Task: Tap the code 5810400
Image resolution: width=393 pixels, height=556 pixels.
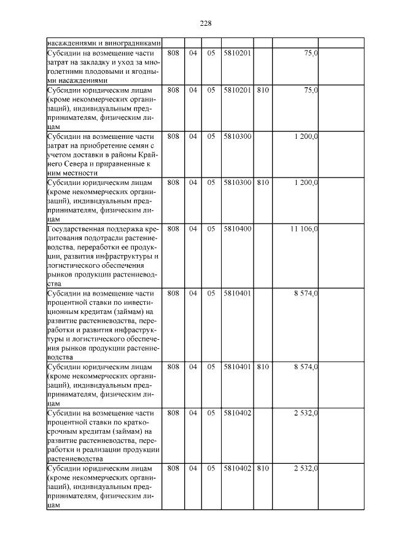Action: click(x=237, y=229)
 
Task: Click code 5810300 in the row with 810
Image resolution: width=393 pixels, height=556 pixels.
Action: click(x=237, y=182)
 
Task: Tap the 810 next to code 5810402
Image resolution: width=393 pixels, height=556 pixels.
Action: click(x=263, y=469)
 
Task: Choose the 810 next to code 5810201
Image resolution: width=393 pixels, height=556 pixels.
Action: click(x=263, y=90)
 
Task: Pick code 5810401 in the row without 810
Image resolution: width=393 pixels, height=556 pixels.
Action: click(x=237, y=293)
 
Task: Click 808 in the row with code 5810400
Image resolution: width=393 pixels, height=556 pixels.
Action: click(x=173, y=229)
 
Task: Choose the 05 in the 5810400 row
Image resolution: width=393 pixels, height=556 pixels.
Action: click(x=211, y=229)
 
